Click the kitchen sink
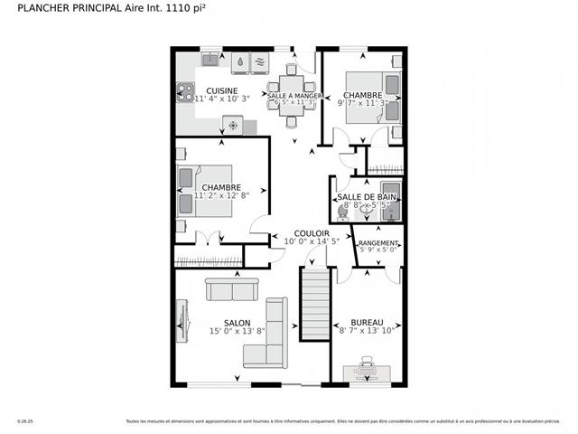pos(210,60)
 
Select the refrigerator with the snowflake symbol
pos(233,124)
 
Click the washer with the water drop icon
pos(241,61)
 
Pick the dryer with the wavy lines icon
pos(260,61)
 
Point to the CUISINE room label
pos(221,90)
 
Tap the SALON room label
pos(237,323)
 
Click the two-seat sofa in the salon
pos(233,289)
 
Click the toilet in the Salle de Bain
pos(343,211)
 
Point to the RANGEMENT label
pos(378,244)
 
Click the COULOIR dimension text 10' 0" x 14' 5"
pos(312,241)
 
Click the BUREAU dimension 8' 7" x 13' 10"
pos(367,332)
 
